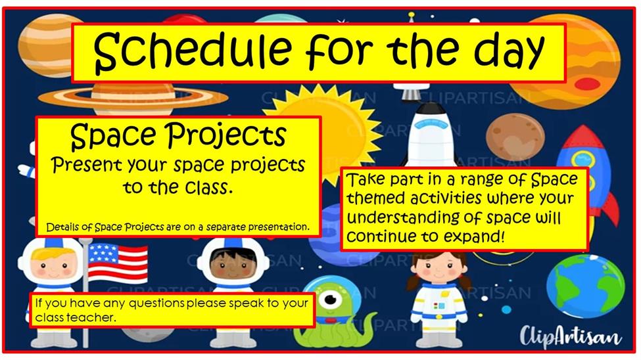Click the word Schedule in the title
point(192,51)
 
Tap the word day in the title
point(510,53)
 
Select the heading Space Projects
point(178,136)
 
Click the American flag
point(118,263)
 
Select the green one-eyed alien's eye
point(331,300)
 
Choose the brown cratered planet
point(515,137)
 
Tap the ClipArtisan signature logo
point(570,337)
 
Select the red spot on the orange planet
point(587,84)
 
